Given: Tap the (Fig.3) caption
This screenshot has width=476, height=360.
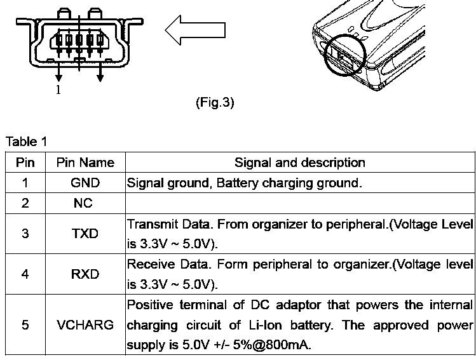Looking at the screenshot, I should (215, 102).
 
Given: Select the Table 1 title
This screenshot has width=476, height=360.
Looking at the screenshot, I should (26, 141).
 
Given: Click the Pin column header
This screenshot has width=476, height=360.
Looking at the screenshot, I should (25, 163).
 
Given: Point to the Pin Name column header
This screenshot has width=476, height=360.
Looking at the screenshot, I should (85, 163).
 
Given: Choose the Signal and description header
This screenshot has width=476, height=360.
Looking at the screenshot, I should (299, 163).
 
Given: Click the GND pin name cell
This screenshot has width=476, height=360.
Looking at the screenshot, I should (85, 183).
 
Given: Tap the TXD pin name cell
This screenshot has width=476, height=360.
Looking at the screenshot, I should (85, 234).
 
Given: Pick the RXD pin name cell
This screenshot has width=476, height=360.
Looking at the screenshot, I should (85, 274).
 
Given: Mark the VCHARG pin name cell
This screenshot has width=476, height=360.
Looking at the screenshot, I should (85, 325).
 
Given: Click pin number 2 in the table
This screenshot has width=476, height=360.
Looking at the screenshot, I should (25, 203).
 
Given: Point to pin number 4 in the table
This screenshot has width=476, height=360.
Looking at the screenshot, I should (25, 274).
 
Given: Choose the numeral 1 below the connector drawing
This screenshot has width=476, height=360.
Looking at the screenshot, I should (58, 90).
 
